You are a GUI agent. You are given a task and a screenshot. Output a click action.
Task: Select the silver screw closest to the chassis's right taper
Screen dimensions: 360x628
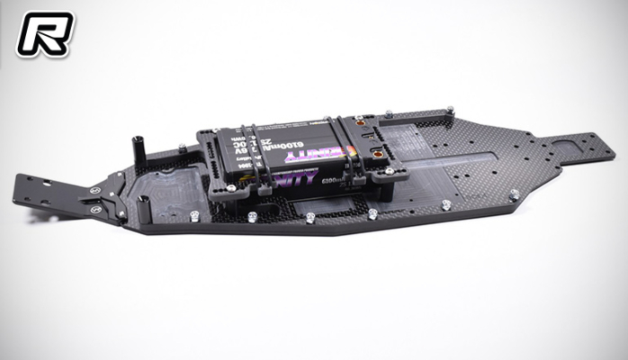pos(514,193)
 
